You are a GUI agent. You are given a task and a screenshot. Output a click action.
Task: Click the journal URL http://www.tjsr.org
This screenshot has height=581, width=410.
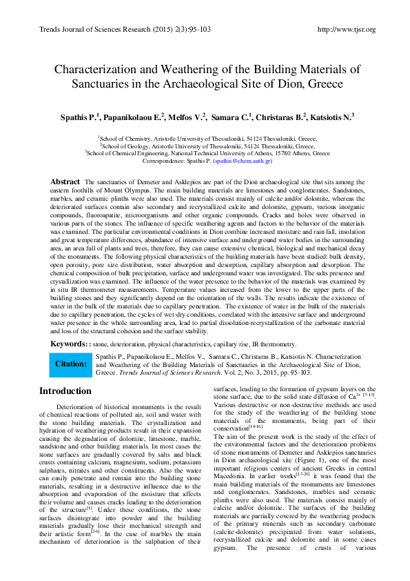pos(345,30)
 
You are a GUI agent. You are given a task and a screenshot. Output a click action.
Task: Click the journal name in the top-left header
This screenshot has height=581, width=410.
pos(100,30)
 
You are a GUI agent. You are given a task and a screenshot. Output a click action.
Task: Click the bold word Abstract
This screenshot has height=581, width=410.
pos(65,181)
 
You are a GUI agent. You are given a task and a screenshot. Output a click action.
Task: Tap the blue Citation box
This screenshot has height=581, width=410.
pos(70,364)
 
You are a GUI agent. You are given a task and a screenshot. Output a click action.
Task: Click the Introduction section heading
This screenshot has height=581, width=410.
pos(65,391)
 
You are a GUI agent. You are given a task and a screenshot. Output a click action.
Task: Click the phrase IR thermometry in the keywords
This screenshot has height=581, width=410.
pos(271,344)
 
